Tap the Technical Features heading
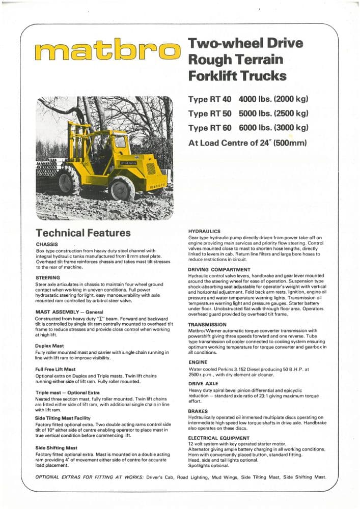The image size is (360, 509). pyautogui.click(x=83, y=233)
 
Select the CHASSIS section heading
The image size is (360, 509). pyautogui.click(x=47, y=244)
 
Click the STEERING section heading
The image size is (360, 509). pyautogui.click(x=48, y=277)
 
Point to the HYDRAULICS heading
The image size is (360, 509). pyautogui.click(x=204, y=231)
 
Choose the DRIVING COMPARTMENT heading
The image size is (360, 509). pyautogui.click(x=219, y=269)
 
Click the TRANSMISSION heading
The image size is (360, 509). pyautogui.click(x=207, y=324)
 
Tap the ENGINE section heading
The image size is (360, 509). pyautogui.click(x=198, y=362)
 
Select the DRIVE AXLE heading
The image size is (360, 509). pyautogui.click(x=203, y=383)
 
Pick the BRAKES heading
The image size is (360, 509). pyautogui.click(x=198, y=410)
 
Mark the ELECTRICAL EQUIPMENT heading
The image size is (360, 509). pyautogui.click(x=219, y=438)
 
